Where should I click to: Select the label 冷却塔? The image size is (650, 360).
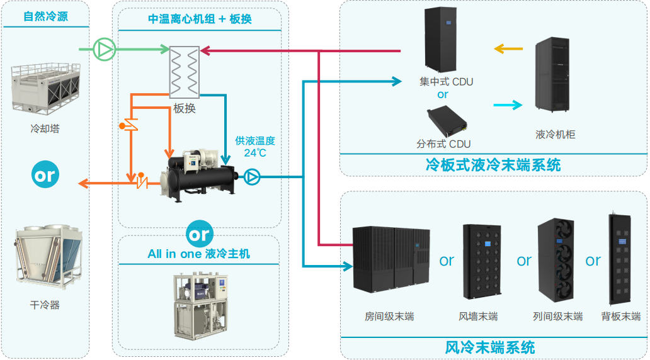(x=45, y=129)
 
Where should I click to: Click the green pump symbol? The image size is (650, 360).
(x=104, y=48)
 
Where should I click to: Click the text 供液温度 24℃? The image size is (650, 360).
(x=254, y=147)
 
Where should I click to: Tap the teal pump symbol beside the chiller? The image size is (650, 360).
(x=252, y=177)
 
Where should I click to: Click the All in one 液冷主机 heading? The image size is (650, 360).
(x=198, y=254)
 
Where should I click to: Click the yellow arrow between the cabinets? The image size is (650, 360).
(x=508, y=48)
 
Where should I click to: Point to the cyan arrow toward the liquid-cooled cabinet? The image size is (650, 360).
(x=508, y=105)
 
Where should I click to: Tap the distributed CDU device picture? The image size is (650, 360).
(x=445, y=120)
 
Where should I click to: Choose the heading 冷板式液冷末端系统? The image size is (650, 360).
(x=493, y=165)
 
